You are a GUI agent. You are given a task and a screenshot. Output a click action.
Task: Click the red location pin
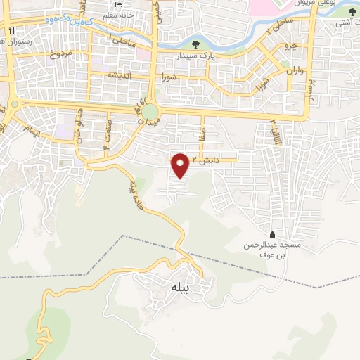pyautogui.click(x=181, y=165)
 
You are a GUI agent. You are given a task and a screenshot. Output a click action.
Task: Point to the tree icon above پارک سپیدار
pyautogui.click(x=195, y=44)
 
